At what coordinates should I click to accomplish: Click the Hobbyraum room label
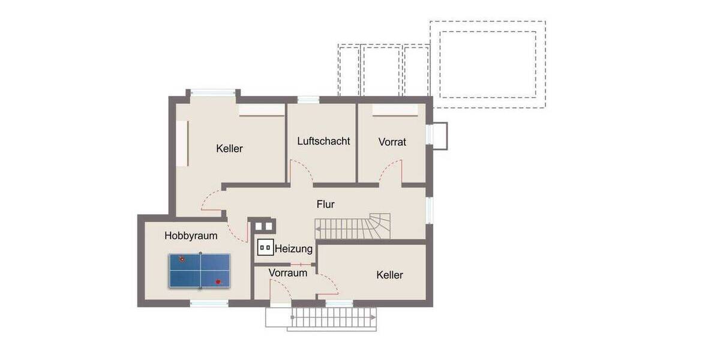click(x=191, y=236)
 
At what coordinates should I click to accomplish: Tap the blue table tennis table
click(x=199, y=271)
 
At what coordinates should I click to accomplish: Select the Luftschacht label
click(x=323, y=141)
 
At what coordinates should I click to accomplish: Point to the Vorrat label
click(x=392, y=142)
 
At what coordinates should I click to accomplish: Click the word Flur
click(x=325, y=204)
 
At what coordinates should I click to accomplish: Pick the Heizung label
click(x=294, y=248)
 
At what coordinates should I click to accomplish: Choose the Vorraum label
click(x=288, y=273)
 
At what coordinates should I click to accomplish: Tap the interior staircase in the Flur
click(x=354, y=227)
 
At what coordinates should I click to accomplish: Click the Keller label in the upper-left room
click(x=229, y=148)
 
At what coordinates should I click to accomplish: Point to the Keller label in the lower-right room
click(x=389, y=275)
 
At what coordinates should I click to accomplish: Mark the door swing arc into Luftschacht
click(x=300, y=172)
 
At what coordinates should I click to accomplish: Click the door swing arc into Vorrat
click(x=390, y=170)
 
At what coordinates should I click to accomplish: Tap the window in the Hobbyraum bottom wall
click(x=209, y=303)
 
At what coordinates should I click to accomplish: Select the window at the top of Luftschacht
click(x=308, y=100)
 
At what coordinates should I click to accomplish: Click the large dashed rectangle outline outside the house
click(x=487, y=64)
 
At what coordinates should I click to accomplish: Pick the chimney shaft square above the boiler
click(x=263, y=226)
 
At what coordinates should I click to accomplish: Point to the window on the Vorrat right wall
click(x=430, y=134)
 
